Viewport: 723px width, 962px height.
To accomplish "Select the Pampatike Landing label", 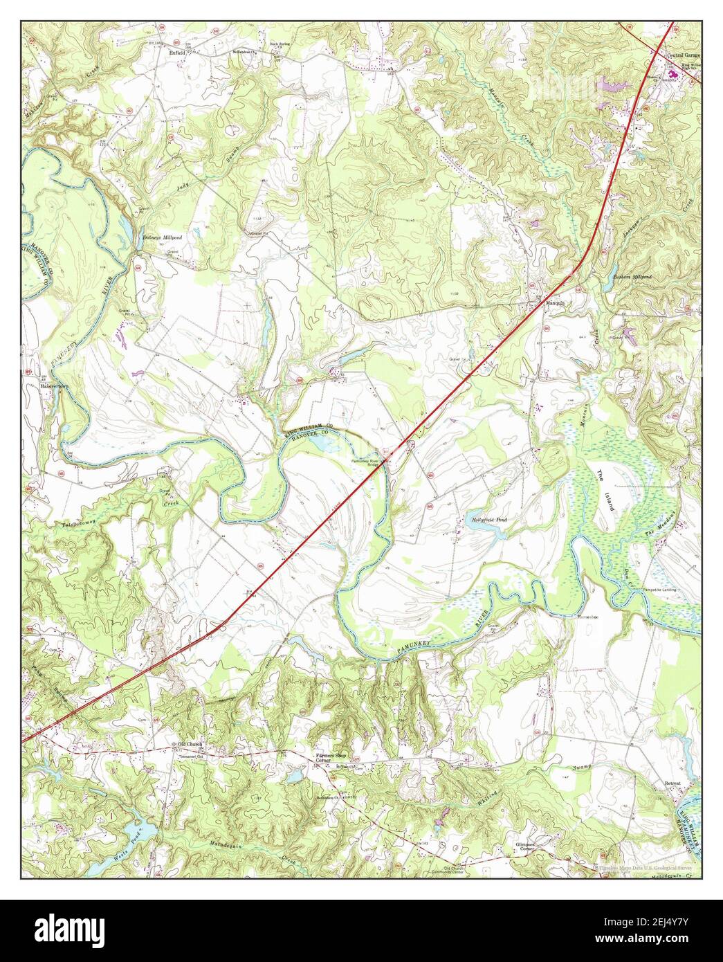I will tap(661, 590).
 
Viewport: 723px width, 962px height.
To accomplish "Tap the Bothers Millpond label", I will tap(632, 276).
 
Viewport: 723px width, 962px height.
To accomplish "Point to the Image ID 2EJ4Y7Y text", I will tap(657, 925).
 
